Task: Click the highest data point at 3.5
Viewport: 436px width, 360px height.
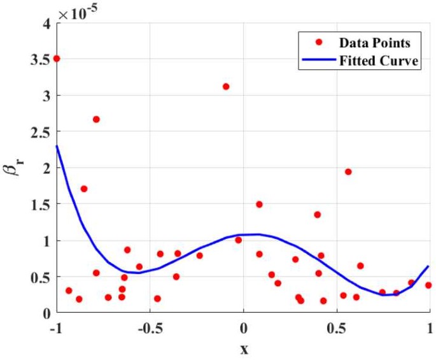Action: point(57,59)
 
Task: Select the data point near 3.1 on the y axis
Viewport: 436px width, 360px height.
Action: point(226,87)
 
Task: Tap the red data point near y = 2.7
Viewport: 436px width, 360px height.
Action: point(96,119)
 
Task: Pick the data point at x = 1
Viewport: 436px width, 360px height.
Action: point(428,285)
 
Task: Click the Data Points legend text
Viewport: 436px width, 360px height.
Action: point(374,43)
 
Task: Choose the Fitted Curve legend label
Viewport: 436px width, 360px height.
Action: point(378,61)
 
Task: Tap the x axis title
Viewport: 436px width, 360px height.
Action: point(244,350)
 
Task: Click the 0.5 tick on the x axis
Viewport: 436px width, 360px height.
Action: point(337,328)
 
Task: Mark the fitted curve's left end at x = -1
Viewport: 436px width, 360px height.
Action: point(57,147)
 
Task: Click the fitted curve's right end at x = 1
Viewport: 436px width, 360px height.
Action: point(428,266)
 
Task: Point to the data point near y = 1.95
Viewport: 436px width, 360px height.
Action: point(348,171)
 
